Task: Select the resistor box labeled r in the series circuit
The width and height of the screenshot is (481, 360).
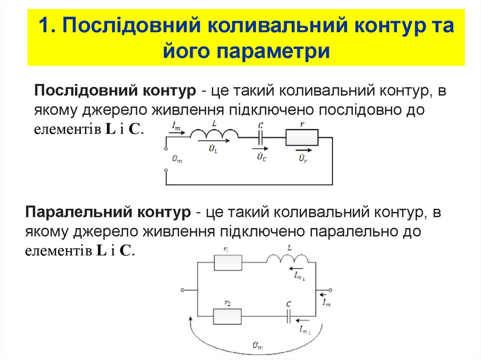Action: [302, 138]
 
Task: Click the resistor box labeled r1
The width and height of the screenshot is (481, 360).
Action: [228, 262]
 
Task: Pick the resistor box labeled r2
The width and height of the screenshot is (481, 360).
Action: [228, 316]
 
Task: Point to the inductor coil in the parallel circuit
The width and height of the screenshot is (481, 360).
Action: [288, 259]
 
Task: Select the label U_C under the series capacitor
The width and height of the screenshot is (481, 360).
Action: [262, 157]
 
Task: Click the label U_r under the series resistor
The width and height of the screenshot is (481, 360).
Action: [303, 159]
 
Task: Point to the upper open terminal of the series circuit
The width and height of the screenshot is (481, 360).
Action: [166, 149]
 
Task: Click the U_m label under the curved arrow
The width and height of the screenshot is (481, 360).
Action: [257, 347]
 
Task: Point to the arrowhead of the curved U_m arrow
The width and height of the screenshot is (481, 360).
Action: [191, 319]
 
